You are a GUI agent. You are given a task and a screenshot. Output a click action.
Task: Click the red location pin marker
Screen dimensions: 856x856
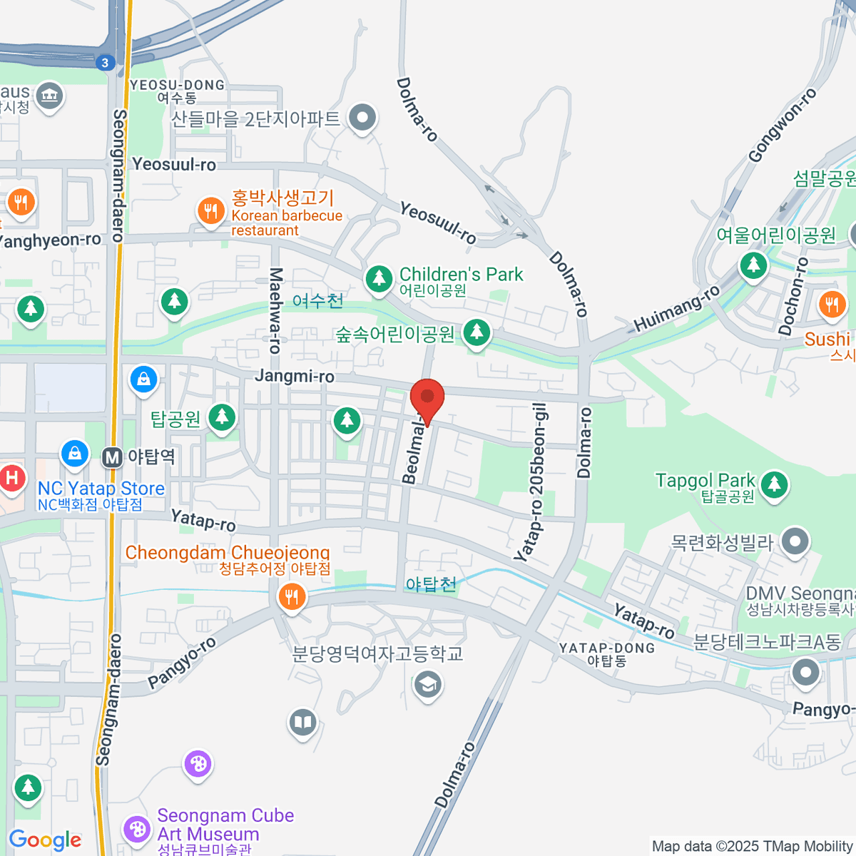tap(427, 399)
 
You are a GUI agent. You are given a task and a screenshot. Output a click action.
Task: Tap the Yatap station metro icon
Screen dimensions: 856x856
tap(112, 457)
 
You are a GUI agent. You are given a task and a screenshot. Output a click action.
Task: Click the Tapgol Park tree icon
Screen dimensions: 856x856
tap(774, 484)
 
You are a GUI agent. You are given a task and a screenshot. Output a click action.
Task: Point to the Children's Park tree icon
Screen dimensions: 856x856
tap(379, 278)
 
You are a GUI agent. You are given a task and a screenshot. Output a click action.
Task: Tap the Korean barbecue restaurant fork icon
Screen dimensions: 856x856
tap(210, 211)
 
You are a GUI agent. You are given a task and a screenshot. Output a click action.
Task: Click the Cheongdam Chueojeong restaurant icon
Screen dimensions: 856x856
tap(291, 596)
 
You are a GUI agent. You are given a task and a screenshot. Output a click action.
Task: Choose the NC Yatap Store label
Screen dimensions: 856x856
tap(101, 489)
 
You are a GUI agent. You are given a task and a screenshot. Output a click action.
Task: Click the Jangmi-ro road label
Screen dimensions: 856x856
tap(295, 376)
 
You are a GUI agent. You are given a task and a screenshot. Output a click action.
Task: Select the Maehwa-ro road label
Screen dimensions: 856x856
tap(275, 310)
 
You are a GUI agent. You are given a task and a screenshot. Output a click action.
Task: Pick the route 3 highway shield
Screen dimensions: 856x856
tap(105, 63)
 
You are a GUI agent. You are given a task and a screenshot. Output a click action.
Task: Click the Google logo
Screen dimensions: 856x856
tap(45, 840)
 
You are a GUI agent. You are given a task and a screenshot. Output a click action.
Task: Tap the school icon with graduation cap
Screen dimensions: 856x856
tap(427, 686)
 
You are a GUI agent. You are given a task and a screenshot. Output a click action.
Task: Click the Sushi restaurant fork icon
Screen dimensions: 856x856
tap(831, 305)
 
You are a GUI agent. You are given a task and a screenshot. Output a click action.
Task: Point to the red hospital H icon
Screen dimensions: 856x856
tap(12, 477)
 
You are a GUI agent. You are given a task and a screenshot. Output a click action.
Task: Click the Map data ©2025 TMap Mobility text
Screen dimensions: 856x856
tap(753, 847)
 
